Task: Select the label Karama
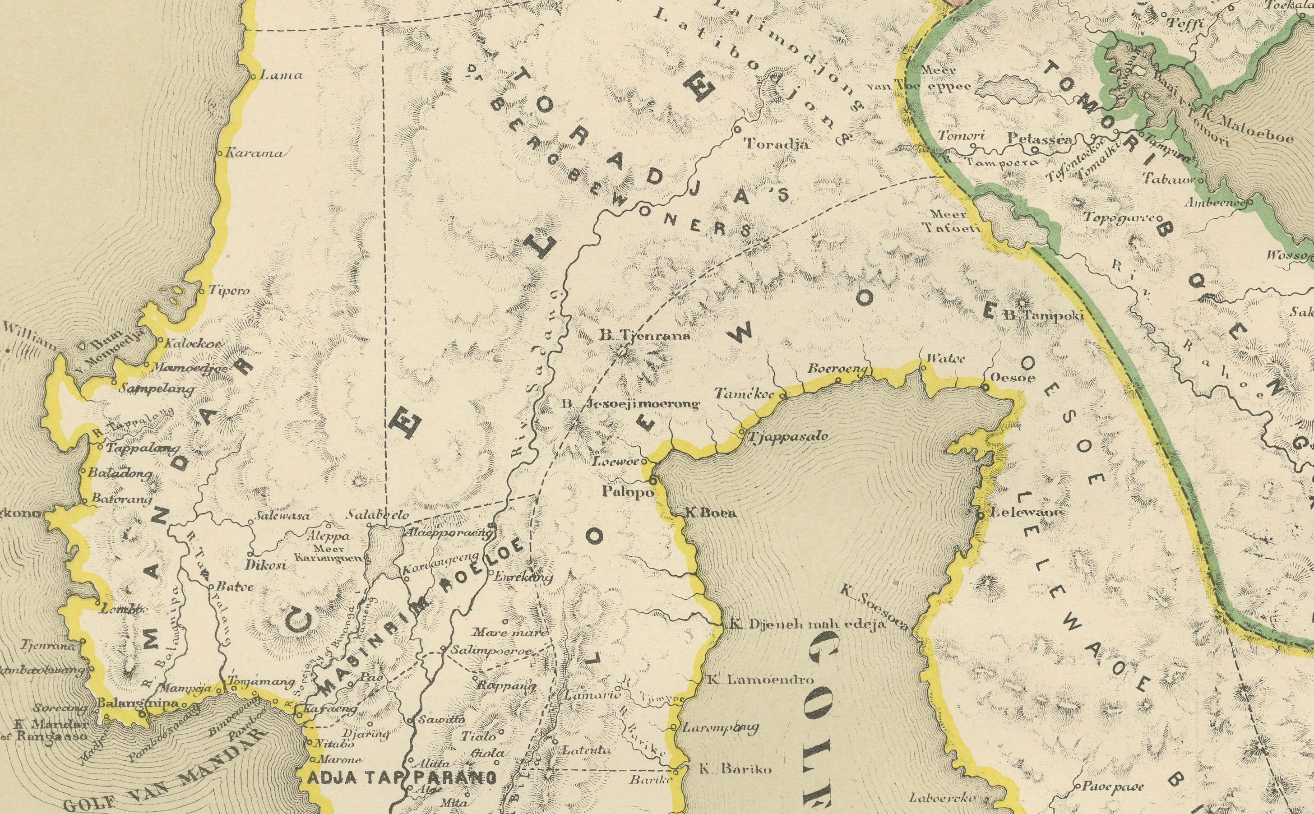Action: (254, 153)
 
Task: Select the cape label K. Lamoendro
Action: (759, 680)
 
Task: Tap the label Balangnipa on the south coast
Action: (122, 703)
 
